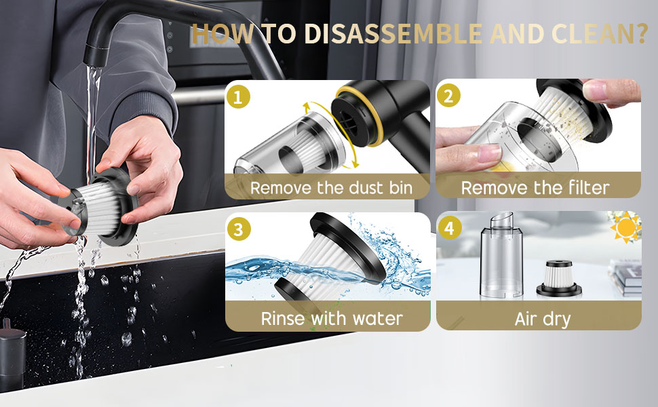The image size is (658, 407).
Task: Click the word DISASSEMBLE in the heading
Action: click(x=393, y=34)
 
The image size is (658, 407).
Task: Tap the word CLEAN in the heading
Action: click(x=592, y=34)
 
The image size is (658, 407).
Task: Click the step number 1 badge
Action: click(x=238, y=97)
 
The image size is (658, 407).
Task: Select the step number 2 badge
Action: click(x=448, y=96)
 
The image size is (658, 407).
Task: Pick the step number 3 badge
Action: click(x=239, y=229)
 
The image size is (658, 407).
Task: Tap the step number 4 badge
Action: click(x=450, y=228)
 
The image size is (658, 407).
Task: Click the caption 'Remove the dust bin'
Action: click(x=332, y=188)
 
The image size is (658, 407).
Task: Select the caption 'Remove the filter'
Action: click(x=535, y=187)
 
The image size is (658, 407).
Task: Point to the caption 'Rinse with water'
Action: click(x=332, y=318)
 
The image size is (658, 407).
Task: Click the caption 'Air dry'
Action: click(x=543, y=319)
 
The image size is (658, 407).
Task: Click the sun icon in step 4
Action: click(x=626, y=227)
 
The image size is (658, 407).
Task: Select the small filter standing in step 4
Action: click(x=559, y=278)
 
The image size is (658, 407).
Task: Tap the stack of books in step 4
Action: click(x=625, y=277)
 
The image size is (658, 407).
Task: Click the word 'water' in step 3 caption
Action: click(x=377, y=318)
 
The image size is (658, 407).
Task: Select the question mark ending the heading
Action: click(x=642, y=34)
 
